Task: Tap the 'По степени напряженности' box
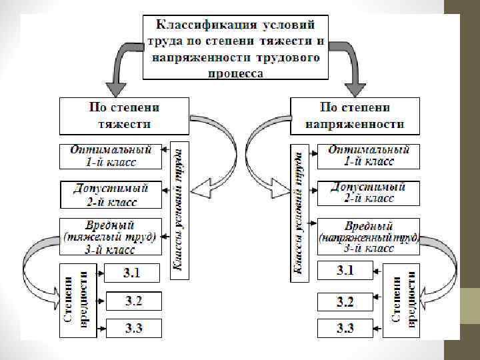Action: [x=355, y=115]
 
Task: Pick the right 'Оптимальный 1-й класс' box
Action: [x=368, y=155]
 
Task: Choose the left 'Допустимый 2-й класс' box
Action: [x=111, y=194]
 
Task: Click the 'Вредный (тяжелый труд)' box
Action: [x=111, y=237]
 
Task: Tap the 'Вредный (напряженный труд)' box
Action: [x=368, y=237]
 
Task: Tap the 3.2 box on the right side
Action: [x=345, y=301]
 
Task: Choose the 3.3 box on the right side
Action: [x=345, y=328]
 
